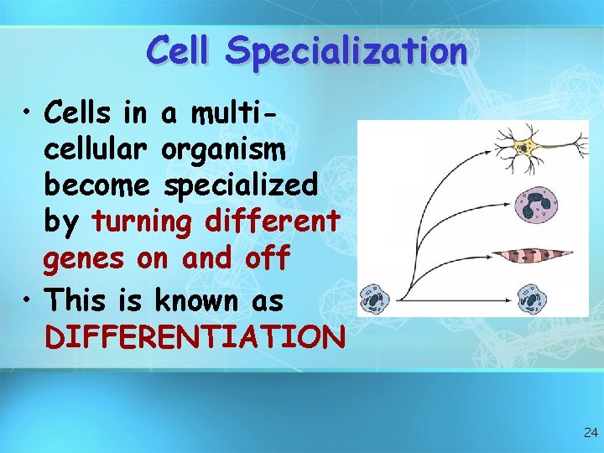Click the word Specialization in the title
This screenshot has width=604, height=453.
(x=346, y=51)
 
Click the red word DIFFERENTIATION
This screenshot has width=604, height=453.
(x=195, y=337)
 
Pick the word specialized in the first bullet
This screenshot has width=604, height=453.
(x=241, y=185)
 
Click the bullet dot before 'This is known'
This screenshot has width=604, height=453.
(x=29, y=298)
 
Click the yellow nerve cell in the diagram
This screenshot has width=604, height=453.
(x=526, y=149)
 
